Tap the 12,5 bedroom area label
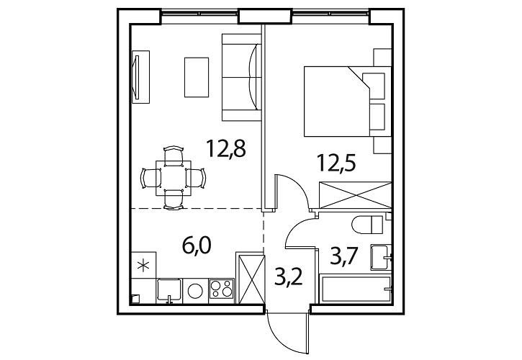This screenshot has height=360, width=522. click(336, 163)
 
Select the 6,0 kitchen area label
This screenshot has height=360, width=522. click(197, 245)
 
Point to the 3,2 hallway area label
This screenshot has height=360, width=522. click(288, 276)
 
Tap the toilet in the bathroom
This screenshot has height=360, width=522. click(367, 225)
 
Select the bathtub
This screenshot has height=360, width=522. click(355, 289)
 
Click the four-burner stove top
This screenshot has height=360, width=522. click(222, 289)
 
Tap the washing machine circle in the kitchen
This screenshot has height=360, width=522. click(195, 291)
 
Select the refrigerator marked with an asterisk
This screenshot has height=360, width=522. click(143, 265)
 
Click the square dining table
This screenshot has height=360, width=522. click(174, 178)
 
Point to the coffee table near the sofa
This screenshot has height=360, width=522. click(197, 77)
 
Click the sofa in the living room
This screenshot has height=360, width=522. click(241, 77)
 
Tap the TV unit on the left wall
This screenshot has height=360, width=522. click(140, 77)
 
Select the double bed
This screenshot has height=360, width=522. click(347, 102)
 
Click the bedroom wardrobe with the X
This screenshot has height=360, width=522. click(355, 195)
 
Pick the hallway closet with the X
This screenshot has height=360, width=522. click(249, 278)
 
